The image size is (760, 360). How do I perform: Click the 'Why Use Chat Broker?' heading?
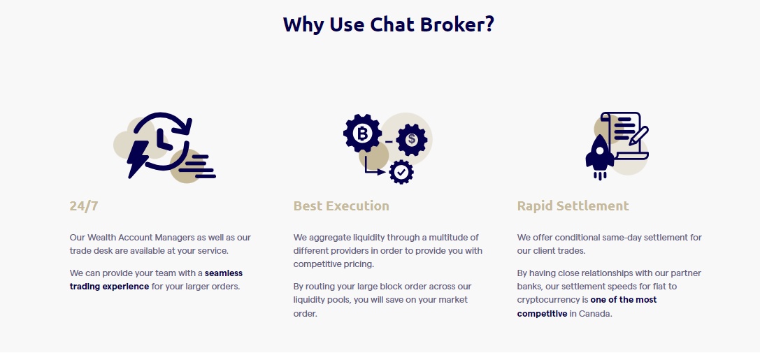[x=388, y=24]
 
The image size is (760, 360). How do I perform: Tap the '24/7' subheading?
[x=84, y=206]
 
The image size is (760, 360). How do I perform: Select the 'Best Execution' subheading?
[x=341, y=206]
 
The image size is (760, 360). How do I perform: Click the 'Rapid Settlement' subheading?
[x=573, y=206]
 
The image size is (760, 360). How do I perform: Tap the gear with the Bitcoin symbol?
[x=362, y=133]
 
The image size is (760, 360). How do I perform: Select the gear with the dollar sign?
[x=412, y=140]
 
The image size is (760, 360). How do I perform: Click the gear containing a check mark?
[x=401, y=171]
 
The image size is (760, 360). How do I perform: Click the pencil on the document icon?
[x=639, y=136]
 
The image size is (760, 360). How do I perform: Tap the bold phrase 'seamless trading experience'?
[x=156, y=280]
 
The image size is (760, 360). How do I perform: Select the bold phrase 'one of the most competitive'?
[x=587, y=307]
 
